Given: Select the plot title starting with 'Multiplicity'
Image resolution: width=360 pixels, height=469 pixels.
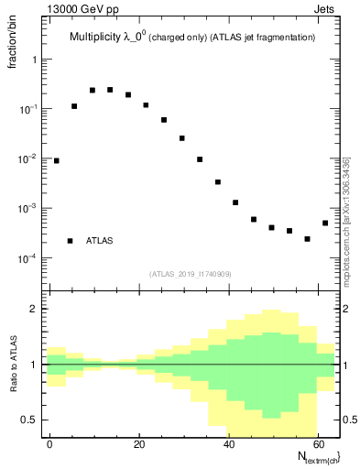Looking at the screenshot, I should point(192,38).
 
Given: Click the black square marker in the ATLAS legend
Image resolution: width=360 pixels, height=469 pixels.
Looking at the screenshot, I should point(71,241).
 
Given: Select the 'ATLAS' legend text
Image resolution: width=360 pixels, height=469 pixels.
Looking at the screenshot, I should point(100,241).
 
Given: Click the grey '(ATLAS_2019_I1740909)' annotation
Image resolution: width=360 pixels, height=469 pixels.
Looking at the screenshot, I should point(193,273).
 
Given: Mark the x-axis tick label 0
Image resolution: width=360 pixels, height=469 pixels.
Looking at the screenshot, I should point(50,444).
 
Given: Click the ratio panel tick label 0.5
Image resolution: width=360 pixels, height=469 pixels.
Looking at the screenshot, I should point(34,420).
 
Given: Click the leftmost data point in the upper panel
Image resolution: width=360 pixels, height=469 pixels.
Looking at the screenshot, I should point(56,160).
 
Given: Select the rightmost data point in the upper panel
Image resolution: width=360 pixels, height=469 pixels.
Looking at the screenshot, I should point(325,223).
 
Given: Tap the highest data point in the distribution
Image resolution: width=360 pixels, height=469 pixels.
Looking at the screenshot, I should point(110,90).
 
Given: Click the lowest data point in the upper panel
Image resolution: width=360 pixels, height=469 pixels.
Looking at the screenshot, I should point(307,239).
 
